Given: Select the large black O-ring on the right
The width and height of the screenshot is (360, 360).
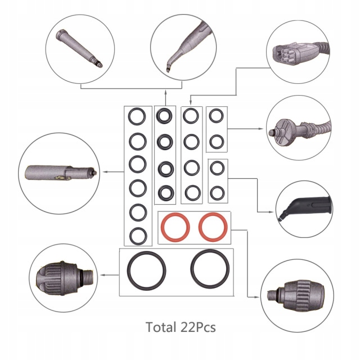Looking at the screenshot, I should pyautogui.click(x=210, y=267).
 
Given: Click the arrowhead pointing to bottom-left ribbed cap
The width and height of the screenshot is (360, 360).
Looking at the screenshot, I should pyautogui.click(x=101, y=274).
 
